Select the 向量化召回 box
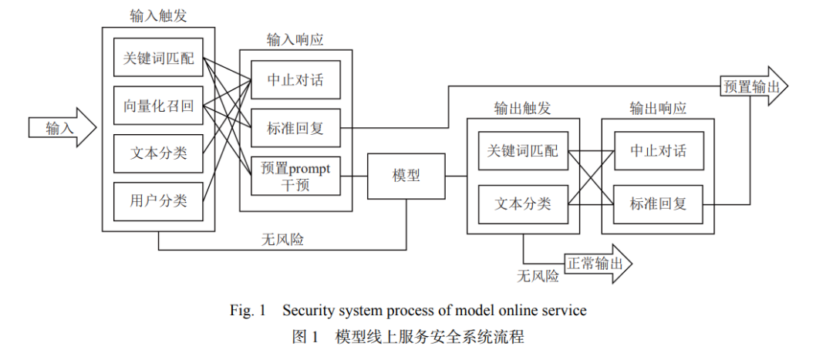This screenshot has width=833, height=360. pos(158,106)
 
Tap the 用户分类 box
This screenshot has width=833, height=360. pos(158,201)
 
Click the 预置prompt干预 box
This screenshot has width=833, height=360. pos(295,177)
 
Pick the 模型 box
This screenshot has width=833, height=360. pos(406,177)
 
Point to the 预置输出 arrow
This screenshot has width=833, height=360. pos(754,86)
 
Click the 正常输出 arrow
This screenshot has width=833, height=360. pos(599,264)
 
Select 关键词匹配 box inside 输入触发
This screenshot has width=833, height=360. pos(158,57)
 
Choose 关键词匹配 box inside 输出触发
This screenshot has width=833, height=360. pos(523,151)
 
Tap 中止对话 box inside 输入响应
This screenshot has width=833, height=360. pos(295,79)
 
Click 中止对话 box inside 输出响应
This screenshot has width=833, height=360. pos(659,151)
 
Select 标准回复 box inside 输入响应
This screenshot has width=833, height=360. pos(295,128)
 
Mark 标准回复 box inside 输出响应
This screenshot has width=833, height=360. pos(659,204)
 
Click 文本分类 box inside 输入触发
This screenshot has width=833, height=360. pos(158,153)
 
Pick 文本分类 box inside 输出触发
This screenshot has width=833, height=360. pos(523,204)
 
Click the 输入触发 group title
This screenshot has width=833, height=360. pos(158,16)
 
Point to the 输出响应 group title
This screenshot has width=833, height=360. pos(658,109)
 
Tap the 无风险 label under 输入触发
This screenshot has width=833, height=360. pos(282,240)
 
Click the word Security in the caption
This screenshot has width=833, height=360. pos(305,310)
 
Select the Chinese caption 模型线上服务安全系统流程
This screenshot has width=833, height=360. pos(430,337)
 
